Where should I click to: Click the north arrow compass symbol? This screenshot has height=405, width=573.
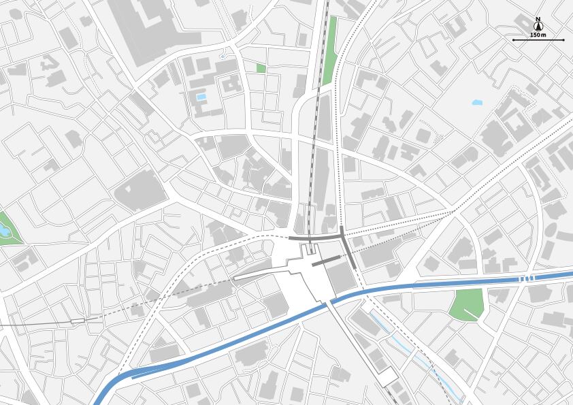click(x=538, y=27)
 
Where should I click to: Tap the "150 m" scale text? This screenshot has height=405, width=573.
click(x=538, y=35)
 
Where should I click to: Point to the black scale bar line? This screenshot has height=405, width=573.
click(x=538, y=40)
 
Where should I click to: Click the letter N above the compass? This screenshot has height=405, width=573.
click(x=538, y=19)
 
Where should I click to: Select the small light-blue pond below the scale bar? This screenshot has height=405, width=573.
click(x=476, y=103)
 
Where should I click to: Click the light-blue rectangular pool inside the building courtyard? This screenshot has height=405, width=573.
click(x=201, y=97)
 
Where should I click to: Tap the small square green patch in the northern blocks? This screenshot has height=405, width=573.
click(x=261, y=68)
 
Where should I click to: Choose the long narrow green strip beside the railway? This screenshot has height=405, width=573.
click(x=330, y=51)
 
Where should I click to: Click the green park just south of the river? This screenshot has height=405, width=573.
click(x=466, y=303)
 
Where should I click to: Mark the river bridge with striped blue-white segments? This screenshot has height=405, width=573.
click(x=526, y=279)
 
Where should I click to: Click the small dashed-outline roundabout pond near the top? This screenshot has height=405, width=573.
click(x=223, y=56)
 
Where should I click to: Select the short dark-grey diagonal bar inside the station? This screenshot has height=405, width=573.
click(x=325, y=259)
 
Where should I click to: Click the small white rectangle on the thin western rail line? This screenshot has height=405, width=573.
click(x=78, y=319)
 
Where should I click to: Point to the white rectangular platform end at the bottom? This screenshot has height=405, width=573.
click(x=389, y=378)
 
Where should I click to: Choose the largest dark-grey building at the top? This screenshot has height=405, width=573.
click(x=146, y=31)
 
